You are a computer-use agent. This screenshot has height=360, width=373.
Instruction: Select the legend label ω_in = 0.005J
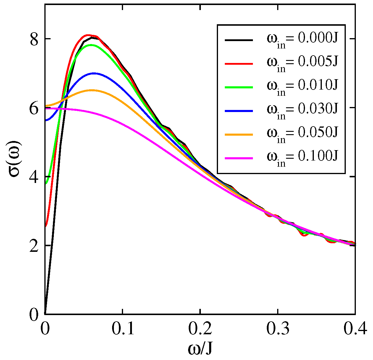[x=302, y=63]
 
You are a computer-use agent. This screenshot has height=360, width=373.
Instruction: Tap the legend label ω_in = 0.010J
[x=302, y=87]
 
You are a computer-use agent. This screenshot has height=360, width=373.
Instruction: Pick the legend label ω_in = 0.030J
[x=302, y=111]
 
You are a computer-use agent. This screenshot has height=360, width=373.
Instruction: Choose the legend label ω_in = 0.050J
[x=302, y=134]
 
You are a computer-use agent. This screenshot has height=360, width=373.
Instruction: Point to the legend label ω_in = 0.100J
[x=302, y=158]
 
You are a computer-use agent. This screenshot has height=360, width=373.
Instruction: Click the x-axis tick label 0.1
[x=122, y=329]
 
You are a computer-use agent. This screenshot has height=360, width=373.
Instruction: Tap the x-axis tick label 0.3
[x=278, y=329]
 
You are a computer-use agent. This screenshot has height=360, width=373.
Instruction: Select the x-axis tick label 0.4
[x=355, y=329]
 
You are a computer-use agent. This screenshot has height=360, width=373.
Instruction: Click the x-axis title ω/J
[x=200, y=349]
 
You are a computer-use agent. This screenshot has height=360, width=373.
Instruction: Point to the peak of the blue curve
[x=94, y=73]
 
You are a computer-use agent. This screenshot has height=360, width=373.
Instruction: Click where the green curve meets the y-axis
[x=46, y=184]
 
